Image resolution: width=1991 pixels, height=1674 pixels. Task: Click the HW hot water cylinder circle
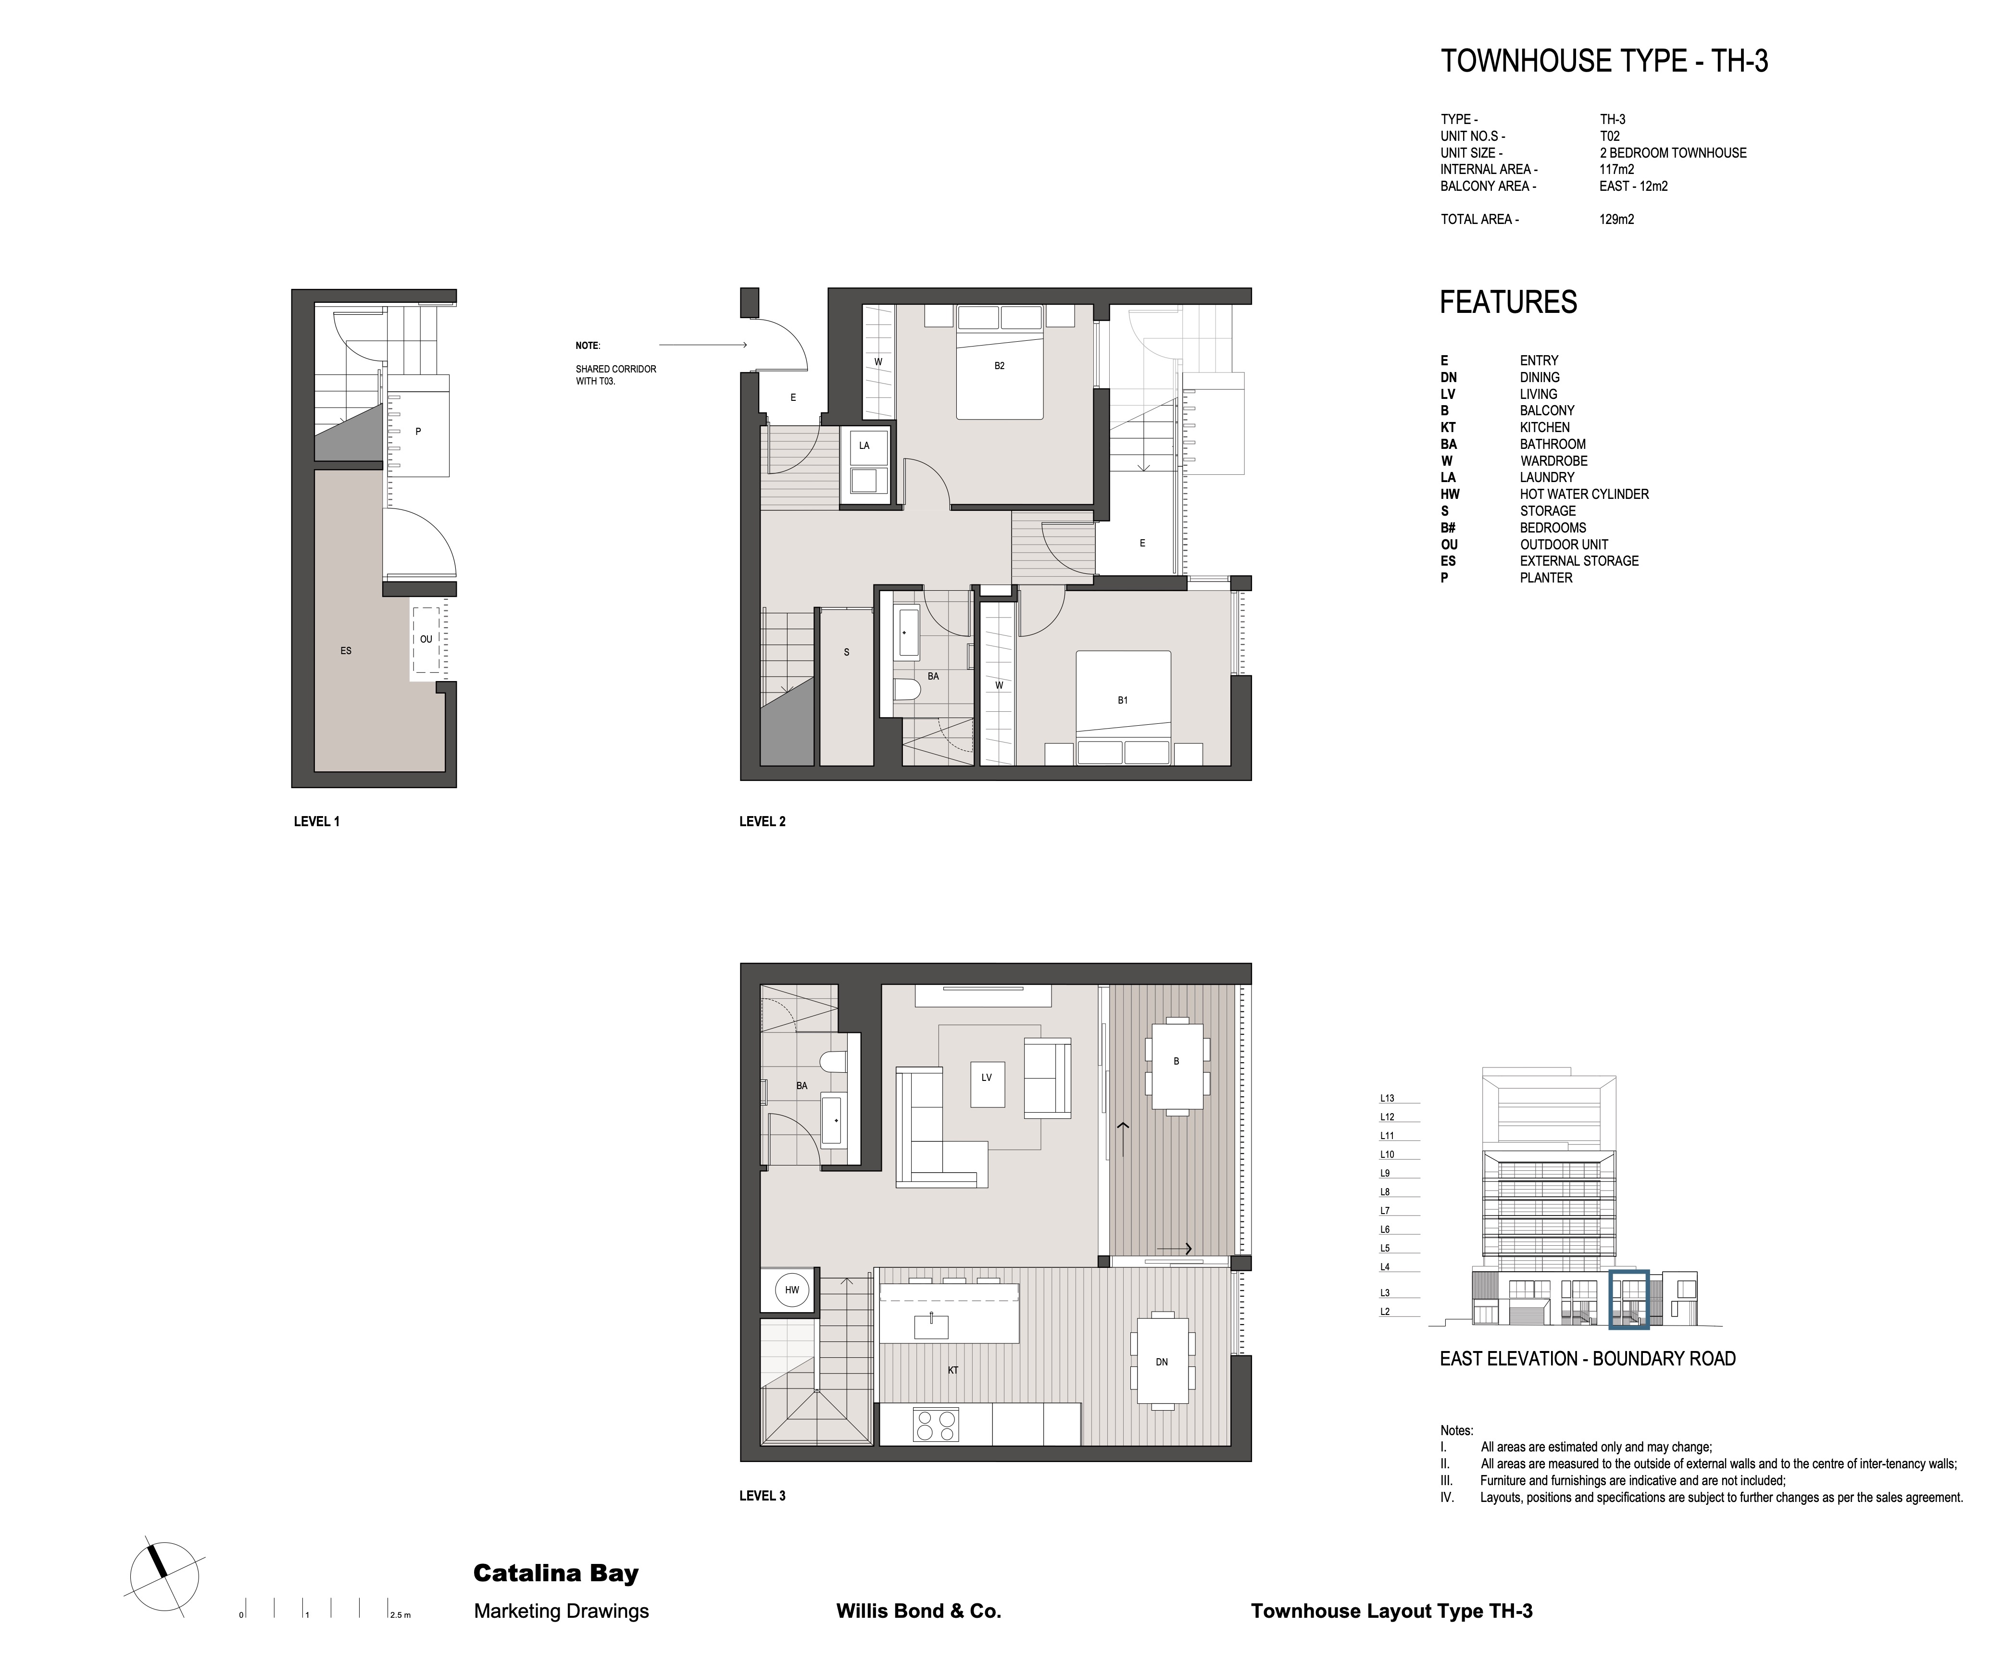point(792,1290)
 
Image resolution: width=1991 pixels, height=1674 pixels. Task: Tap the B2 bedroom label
point(999,366)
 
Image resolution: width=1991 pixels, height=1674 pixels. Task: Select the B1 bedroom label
point(1122,700)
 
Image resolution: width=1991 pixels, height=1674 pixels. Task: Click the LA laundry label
point(864,445)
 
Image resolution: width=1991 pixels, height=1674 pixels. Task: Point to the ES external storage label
point(346,651)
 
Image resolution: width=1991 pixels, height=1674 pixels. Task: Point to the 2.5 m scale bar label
point(400,1615)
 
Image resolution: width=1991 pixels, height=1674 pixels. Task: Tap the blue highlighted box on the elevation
point(1629,1299)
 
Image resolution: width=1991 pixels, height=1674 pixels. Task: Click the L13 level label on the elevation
point(1387,1098)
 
